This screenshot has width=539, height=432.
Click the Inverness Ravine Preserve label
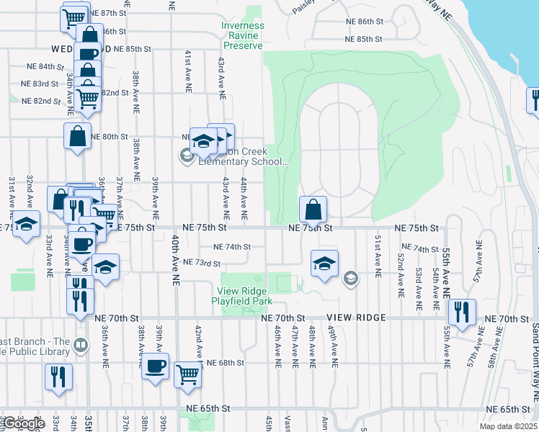(x=242, y=35)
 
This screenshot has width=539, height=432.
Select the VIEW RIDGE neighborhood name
(x=356, y=318)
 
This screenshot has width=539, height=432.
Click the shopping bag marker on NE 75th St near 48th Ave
(x=313, y=211)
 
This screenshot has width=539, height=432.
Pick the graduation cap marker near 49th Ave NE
(x=325, y=264)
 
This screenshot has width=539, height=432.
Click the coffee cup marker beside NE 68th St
(x=155, y=367)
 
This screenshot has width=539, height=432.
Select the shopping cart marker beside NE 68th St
(x=187, y=374)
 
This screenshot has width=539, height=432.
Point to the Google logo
(x=22, y=424)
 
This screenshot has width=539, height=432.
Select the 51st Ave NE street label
(x=377, y=255)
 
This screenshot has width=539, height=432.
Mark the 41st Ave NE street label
(x=187, y=70)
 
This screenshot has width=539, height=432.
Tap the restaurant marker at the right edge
(x=534, y=101)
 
